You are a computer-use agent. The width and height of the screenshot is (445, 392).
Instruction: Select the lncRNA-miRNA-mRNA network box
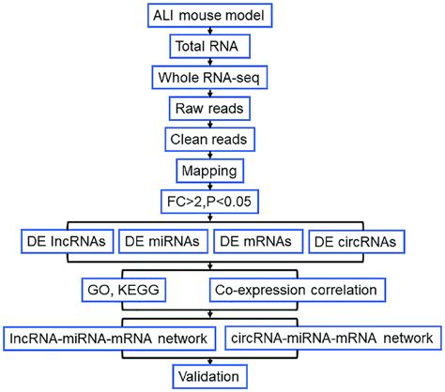tap(111, 336)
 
